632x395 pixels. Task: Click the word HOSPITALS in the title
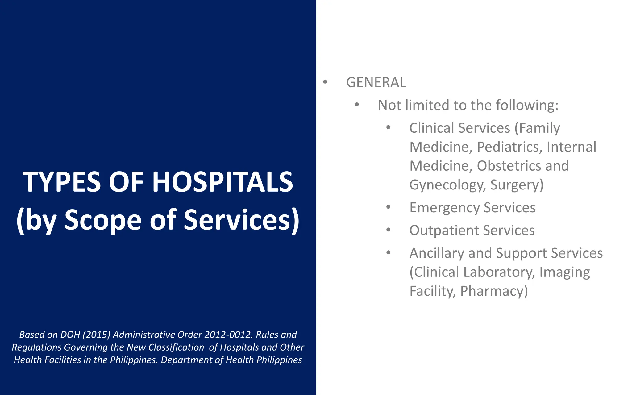point(222,182)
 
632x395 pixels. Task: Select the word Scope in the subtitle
point(103,220)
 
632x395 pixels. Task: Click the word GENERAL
point(376,82)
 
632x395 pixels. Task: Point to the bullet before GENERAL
point(325,82)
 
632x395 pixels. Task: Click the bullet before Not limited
point(357,105)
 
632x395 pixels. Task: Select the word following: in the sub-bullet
point(527,105)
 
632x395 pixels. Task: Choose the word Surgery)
point(517,185)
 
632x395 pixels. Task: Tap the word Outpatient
point(444,231)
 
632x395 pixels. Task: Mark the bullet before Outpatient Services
point(388,230)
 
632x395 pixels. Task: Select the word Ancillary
point(437,253)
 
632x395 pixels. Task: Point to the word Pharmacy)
point(494,291)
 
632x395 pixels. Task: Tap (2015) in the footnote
point(96,335)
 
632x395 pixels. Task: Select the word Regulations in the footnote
point(36,347)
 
